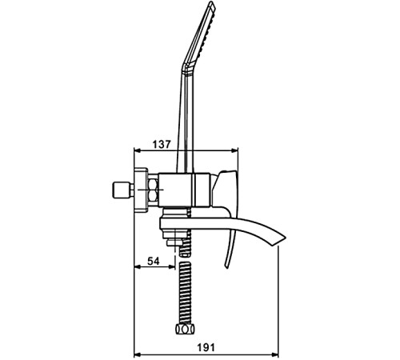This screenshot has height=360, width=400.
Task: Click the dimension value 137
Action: (x=161, y=144)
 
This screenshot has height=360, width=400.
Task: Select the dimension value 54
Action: (x=154, y=261)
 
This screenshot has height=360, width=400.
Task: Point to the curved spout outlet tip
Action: (x=282, y=240)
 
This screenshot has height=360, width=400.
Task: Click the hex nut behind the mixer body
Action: (x=153, y=190)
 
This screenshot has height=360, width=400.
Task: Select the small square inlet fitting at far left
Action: (x=120, y=190)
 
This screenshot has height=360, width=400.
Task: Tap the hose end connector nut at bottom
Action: (x=185, y=329)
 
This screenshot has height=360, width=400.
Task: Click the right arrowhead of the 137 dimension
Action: (x=235, y=150)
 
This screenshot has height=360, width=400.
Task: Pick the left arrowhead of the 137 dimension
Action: (x=138, y=150)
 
